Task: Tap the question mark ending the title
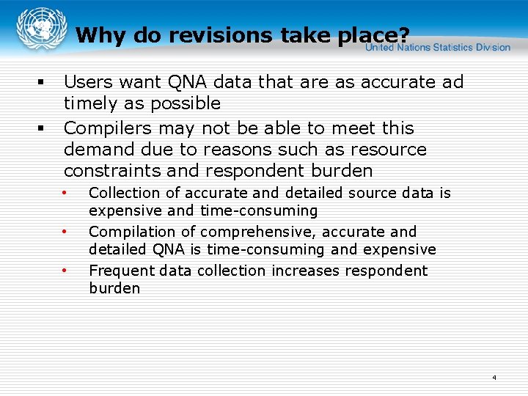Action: click(x=403, y=35)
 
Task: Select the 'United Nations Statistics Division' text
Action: click(x=438, y=47)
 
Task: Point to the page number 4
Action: click(x=494, y=378)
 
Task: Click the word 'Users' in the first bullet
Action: click(x=87, y=82)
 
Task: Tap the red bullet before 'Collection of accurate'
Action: click(x=65, y=193)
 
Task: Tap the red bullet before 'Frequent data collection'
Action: click(x=65, y=271)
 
